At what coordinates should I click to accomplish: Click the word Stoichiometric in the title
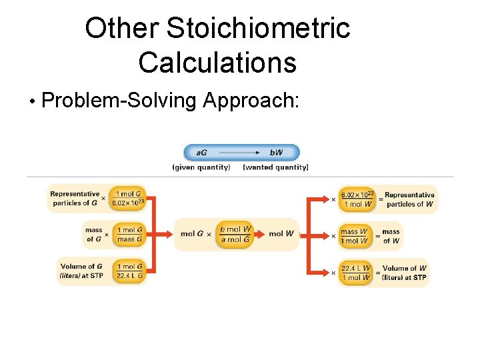(x=257, y=28)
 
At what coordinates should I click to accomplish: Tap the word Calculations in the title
(x=217, y=63)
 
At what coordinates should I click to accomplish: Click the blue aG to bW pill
(x=241, y=153)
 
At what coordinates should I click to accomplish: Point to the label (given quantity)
(x=201, y=167)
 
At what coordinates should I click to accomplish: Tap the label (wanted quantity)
(x=275, y=167)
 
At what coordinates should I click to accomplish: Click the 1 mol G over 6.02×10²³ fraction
(x=128, y=198)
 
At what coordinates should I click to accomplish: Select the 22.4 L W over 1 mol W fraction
(x=356, y=273)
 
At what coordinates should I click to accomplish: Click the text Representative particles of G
(x=74, y=198)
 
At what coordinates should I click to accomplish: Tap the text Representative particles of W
(x=409, y=199)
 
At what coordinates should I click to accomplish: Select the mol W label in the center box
(x=281, y=234)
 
